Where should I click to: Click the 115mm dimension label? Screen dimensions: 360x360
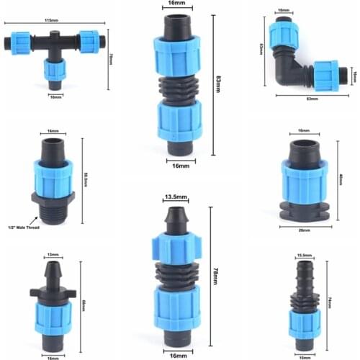(x=51, y=21)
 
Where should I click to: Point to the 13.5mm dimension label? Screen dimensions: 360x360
(x=177, y=197)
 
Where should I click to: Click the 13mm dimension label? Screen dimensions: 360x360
(x=53, y=254)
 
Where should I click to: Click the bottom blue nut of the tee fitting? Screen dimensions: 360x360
(x=53, y=71)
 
